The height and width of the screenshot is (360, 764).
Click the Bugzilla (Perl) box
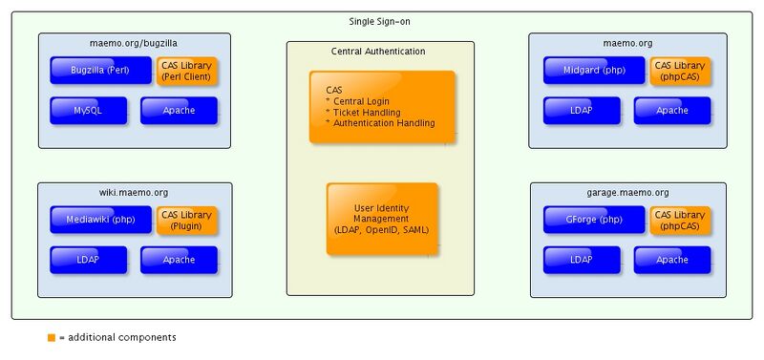[x=100, y=71]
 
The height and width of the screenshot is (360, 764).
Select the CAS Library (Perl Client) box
[x=186, y=71]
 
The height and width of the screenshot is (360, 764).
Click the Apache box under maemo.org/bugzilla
[x=179, y=111]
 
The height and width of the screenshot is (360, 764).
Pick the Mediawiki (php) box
[x=100, y=220]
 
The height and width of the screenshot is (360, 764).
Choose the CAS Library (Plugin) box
[x=186, y=220]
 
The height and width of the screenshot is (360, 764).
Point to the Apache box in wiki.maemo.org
[x=179, y=260]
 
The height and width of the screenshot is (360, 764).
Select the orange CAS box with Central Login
[x=381, y=107]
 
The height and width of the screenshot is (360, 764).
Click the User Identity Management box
[x=382, y=219]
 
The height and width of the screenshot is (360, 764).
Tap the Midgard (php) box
[x=594, y=71]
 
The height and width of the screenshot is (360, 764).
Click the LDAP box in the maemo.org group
[x=582, y=111]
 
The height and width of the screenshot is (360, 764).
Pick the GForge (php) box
[x=594, y=220]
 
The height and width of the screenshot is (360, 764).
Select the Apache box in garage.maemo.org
[x=672, y=260]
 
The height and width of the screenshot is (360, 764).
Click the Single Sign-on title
[x=380, y=21]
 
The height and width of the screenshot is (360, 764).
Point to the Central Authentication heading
[x=378, y=51]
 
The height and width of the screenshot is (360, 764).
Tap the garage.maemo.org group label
[x=627, y=192]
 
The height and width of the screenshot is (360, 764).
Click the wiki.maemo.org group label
[x=134, y=192]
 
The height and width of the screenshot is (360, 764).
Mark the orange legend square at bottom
[x=52, y=338]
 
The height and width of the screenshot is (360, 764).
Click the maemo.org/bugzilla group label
[x=134, y=43]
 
